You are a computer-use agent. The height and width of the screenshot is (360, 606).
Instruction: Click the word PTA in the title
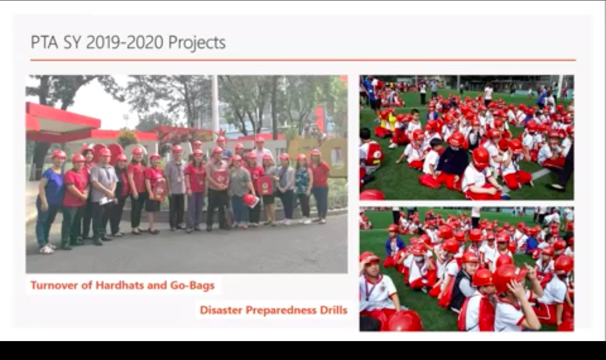point(44,42)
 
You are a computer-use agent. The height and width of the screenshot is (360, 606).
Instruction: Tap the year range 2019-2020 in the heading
point(125,42)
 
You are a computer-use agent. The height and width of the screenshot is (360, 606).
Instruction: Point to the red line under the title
point(303,60)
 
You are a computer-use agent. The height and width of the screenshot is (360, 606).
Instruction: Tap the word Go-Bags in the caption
point(192,286)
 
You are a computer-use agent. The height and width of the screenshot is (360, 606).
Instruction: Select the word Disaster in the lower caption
point(221,310)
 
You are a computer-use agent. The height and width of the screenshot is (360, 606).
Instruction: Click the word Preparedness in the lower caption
point(281,310)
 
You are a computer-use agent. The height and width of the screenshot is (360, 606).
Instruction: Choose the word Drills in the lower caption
point(334,310)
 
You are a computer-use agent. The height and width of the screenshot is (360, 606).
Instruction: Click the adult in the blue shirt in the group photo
point(50,201)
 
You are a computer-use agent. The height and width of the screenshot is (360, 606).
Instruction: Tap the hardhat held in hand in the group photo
point(250,201)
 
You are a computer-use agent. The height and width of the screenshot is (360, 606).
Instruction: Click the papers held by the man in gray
point(106,201)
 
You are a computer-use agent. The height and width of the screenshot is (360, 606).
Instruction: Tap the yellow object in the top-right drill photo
point(388,121)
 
